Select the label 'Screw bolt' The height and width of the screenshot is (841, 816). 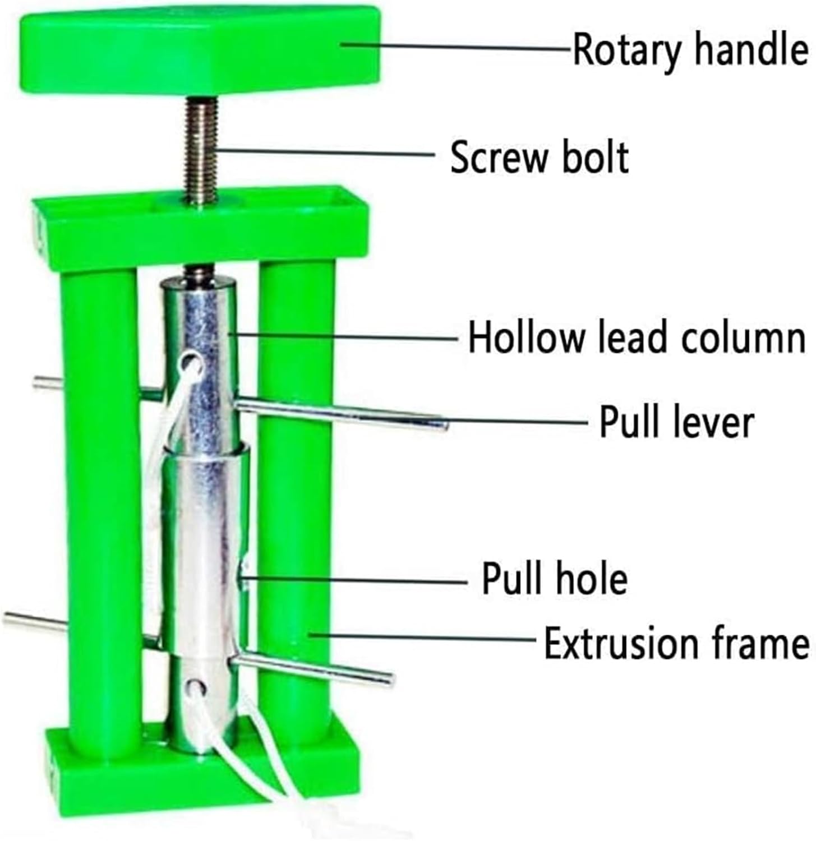[539, 158]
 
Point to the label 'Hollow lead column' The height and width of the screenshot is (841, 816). [637, 338]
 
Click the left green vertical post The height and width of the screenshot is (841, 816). [101, 505]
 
